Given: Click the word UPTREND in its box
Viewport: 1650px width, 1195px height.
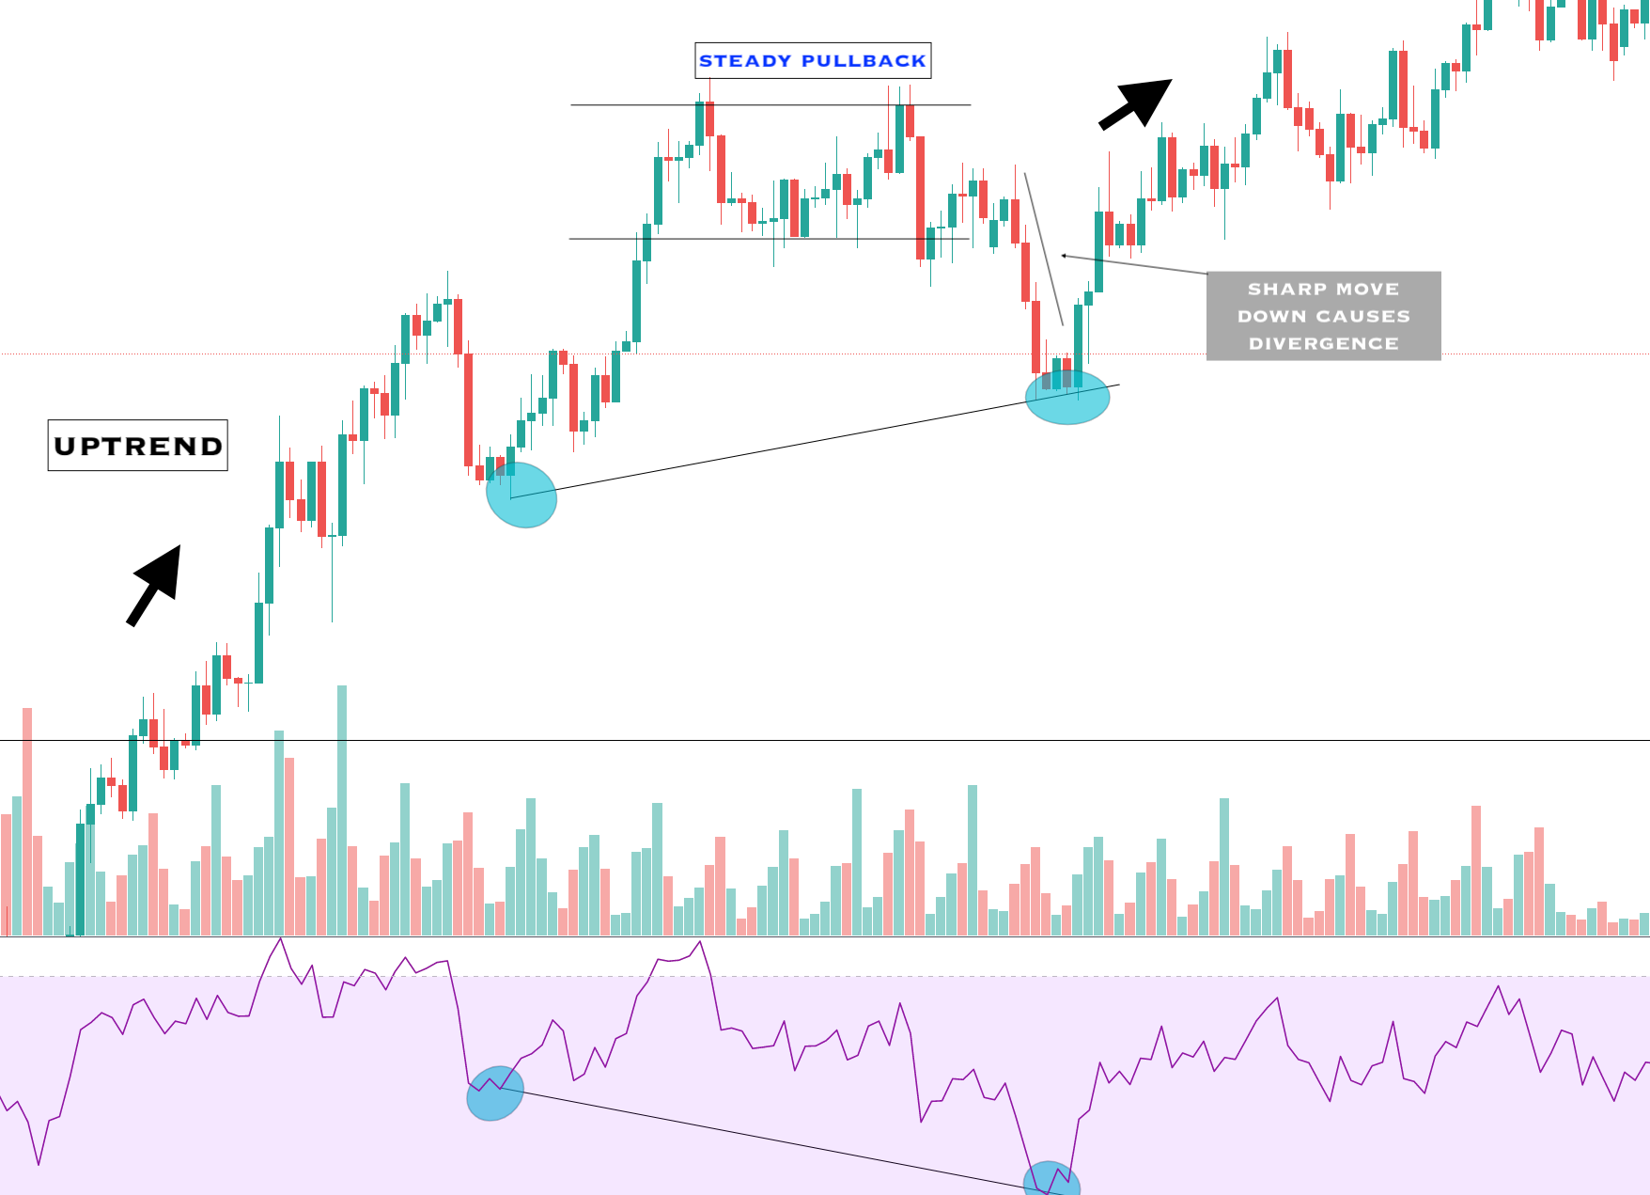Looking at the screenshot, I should [x=138, y=446].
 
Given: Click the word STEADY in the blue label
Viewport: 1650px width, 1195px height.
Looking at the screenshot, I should [x=745, y=61].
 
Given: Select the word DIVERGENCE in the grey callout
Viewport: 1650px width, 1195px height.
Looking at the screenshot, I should [x=1323, y=344].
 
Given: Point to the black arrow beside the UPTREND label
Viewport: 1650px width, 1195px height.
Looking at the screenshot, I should [x=155, y=584].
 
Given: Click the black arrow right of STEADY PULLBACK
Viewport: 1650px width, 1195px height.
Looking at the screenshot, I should [x=1136, y=102].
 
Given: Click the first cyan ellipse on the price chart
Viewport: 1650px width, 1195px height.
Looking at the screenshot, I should [x=521, y=495].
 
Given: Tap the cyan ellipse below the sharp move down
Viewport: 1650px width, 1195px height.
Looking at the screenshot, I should [x=1067, y=397].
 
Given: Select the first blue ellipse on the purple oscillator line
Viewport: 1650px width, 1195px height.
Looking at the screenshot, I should [x=495, y=1093].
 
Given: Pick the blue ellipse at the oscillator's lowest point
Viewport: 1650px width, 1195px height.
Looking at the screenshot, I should [x=1051, y=1179].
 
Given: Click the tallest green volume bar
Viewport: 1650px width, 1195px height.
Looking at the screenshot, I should [x=342, y=809].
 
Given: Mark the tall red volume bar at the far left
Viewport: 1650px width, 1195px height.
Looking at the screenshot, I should [x=27, y=818].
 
